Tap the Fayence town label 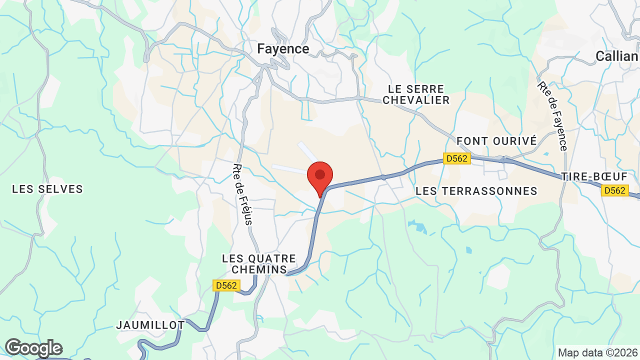[x=283, y=48]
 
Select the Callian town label [x=616, y=56]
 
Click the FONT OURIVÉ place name [x=496, y=141]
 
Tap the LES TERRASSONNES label [x=476, y=191]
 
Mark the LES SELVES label [x=47, y=189]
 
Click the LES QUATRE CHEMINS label [x=259, y=264]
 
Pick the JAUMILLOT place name [x=150, y=325]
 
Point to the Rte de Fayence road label [x=553, y=116]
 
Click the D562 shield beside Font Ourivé [x=457, y=158]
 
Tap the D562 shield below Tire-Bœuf [x=614, y=190]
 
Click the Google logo [x=33, y=348]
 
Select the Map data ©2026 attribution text [x=597, y=353]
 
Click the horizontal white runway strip [x=289, y=168]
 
